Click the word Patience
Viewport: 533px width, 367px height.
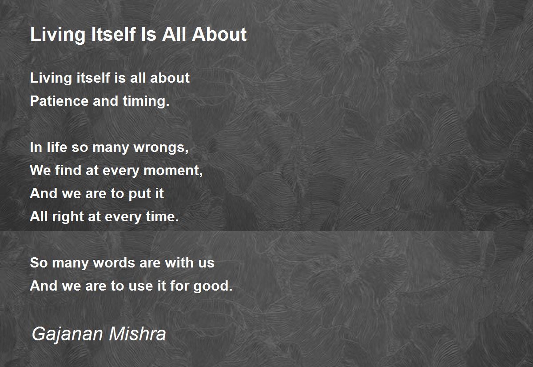(x=59, y=101)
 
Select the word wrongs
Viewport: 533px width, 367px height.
(x=161, y=148)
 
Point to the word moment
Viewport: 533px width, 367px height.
(x=173, y=171)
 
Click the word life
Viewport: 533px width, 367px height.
(x=57, y=147)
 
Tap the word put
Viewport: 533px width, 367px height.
(x=139, y=194)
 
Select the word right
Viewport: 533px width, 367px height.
(x=68, y=217)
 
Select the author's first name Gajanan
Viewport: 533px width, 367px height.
(x=67, y=334)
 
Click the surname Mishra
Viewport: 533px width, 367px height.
(x=137, y=333)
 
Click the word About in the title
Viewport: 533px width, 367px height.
(x=219, y=34)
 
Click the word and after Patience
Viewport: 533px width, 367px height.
(x=105, y=101)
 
